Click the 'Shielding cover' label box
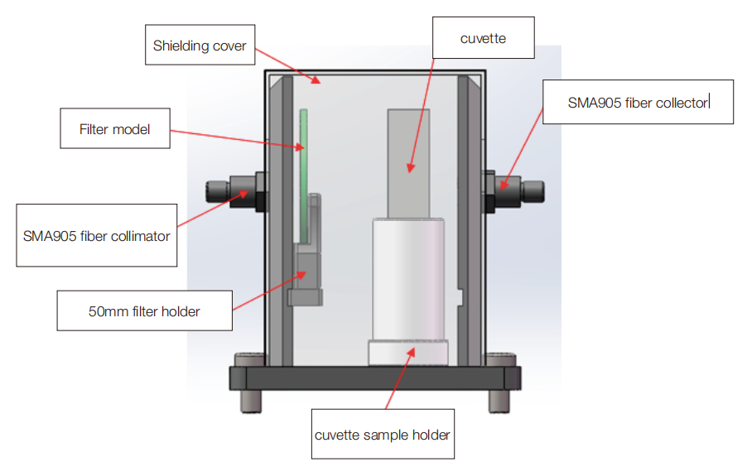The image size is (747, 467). coord(200,46)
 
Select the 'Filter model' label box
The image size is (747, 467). coord(115,129)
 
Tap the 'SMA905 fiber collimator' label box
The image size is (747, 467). coord(97,235)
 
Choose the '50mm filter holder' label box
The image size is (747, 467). coord(144,311)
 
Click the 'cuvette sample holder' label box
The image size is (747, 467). coord(383,434)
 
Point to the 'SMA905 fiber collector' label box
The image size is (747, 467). coord(637,102)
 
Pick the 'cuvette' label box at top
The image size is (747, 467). coord(484,39)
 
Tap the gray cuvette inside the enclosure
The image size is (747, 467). coord(408,162)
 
